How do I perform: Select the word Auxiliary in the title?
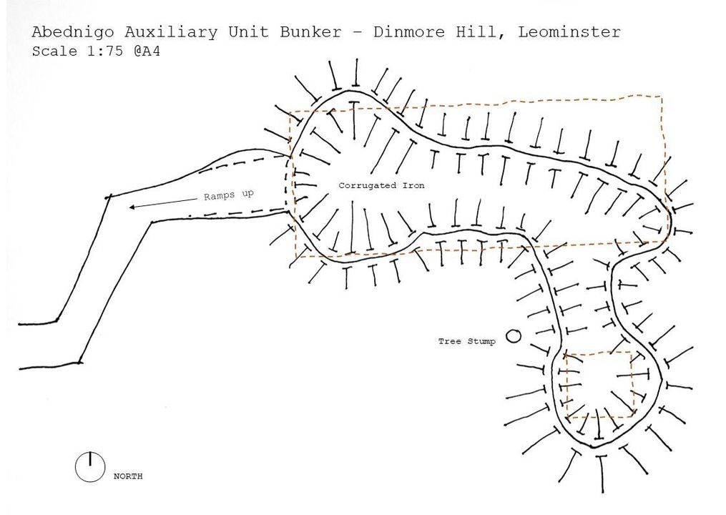click(171, 32)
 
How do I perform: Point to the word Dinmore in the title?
click(409, 32)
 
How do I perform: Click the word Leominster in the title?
click(569, 32)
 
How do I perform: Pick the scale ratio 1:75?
click(105, 51)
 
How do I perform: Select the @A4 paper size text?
click(147, 51)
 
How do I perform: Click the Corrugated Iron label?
click(381, 185)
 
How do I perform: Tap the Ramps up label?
click(229, 195)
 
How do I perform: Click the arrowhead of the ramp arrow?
click(132, 207)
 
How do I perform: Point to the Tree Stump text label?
click(466, 341)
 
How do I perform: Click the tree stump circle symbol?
click(513, 335)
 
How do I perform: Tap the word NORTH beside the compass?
click(128, 476)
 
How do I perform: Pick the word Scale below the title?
click(54, 51)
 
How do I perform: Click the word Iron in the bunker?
click(413, 185)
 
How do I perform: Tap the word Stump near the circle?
click(481, 342)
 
